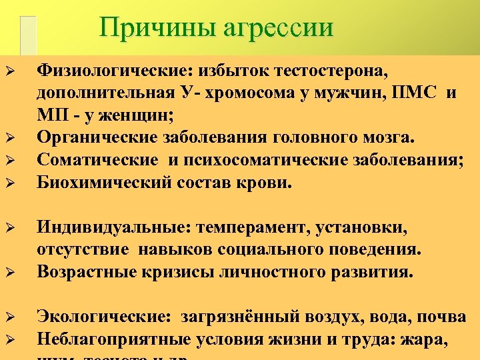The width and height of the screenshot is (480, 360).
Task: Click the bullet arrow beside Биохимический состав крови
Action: (x=9, y=182)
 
